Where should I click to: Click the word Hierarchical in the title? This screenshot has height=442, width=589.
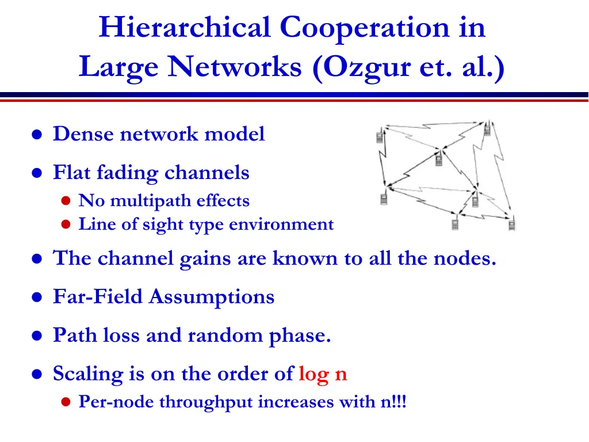[x=185, y=28]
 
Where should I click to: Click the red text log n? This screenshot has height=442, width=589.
[x=323, y=375]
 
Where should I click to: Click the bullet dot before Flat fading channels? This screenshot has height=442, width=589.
[x=37, y=173]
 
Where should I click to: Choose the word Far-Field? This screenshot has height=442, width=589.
[x=98, y=297]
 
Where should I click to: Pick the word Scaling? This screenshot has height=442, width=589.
[x=89, y=375]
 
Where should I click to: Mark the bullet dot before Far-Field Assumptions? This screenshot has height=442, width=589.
[x=37, y=298]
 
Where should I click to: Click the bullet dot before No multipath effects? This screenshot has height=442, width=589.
[x=66, y=201]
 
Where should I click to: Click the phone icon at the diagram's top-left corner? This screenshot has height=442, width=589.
[x=380, y=136]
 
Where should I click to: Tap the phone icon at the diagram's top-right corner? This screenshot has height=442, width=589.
[x=487, y=128]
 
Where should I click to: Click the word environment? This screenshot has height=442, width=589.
[x=281, y=224]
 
